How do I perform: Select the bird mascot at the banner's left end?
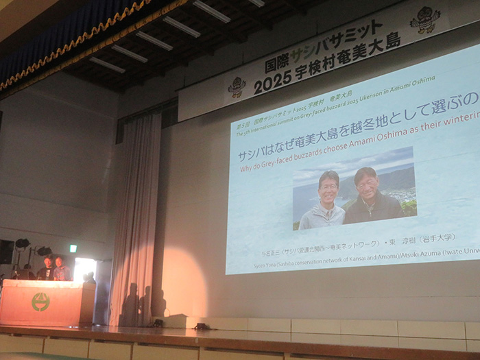coord(237,86)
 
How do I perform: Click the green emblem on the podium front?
coord(40,302)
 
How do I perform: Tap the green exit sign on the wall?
coord(73,248)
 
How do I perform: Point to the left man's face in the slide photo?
coord(328,187)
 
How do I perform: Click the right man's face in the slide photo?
coord(366,182)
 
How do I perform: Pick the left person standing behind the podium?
coord(47,267)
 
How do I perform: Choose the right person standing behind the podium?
coord(60,267)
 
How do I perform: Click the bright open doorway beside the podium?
coord(85,268)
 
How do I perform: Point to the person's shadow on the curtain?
coord(130,302)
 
